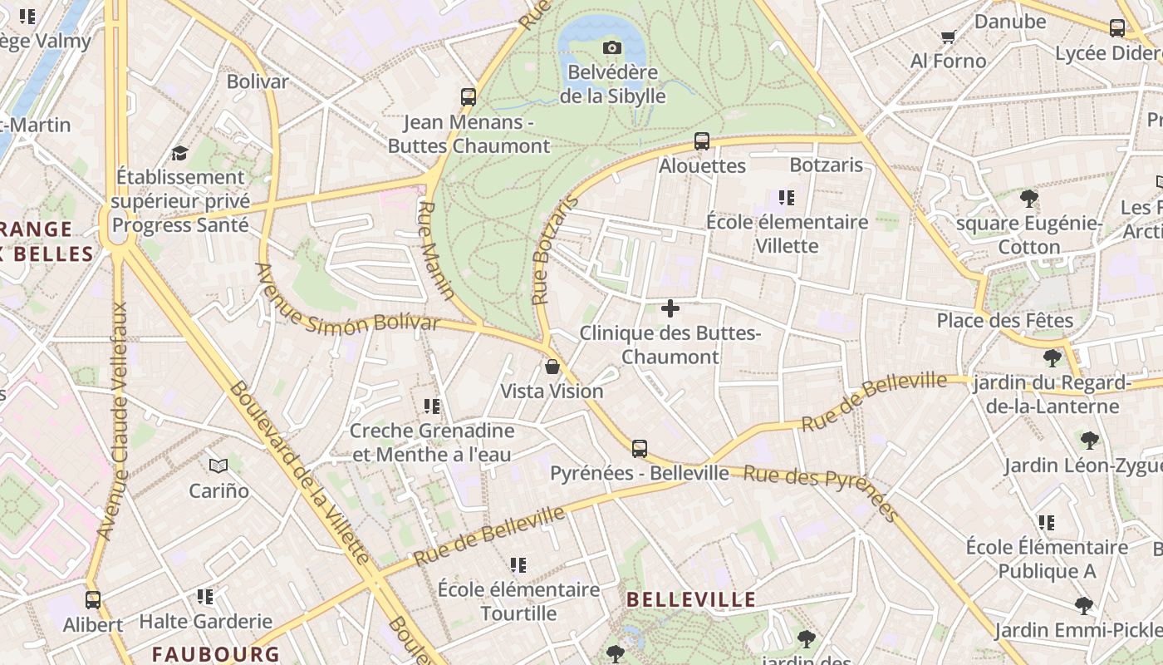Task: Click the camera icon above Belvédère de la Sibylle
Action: [x=612, y=48]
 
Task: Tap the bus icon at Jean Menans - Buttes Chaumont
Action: [x=469, y=97]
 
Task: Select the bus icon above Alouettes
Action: [x=702, y=141]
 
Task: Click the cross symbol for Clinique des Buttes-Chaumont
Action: [x=670, y=309]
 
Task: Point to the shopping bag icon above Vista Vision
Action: [x=552, y=367]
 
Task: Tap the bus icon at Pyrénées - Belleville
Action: [x=640, y=449]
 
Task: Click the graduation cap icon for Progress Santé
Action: [x=179, y=153]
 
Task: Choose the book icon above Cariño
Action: [x=218, y=466]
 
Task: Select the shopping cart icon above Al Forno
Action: [x=948, y=37]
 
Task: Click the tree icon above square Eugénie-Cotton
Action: [x=1029, y=199]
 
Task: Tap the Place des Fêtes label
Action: [x=1004, y=320]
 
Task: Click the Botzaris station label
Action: [x=827, y=165]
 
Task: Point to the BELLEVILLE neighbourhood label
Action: [x=691, y=599]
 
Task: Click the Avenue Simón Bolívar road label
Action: [x=346, y=301]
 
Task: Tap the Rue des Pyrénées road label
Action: [x=821, y=491]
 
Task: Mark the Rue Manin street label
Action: [x=436, y=249]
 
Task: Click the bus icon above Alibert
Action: [x=93, y=600]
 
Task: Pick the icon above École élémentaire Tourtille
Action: [x=519, y=566]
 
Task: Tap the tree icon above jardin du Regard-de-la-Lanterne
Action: [x=1053, y=358]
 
